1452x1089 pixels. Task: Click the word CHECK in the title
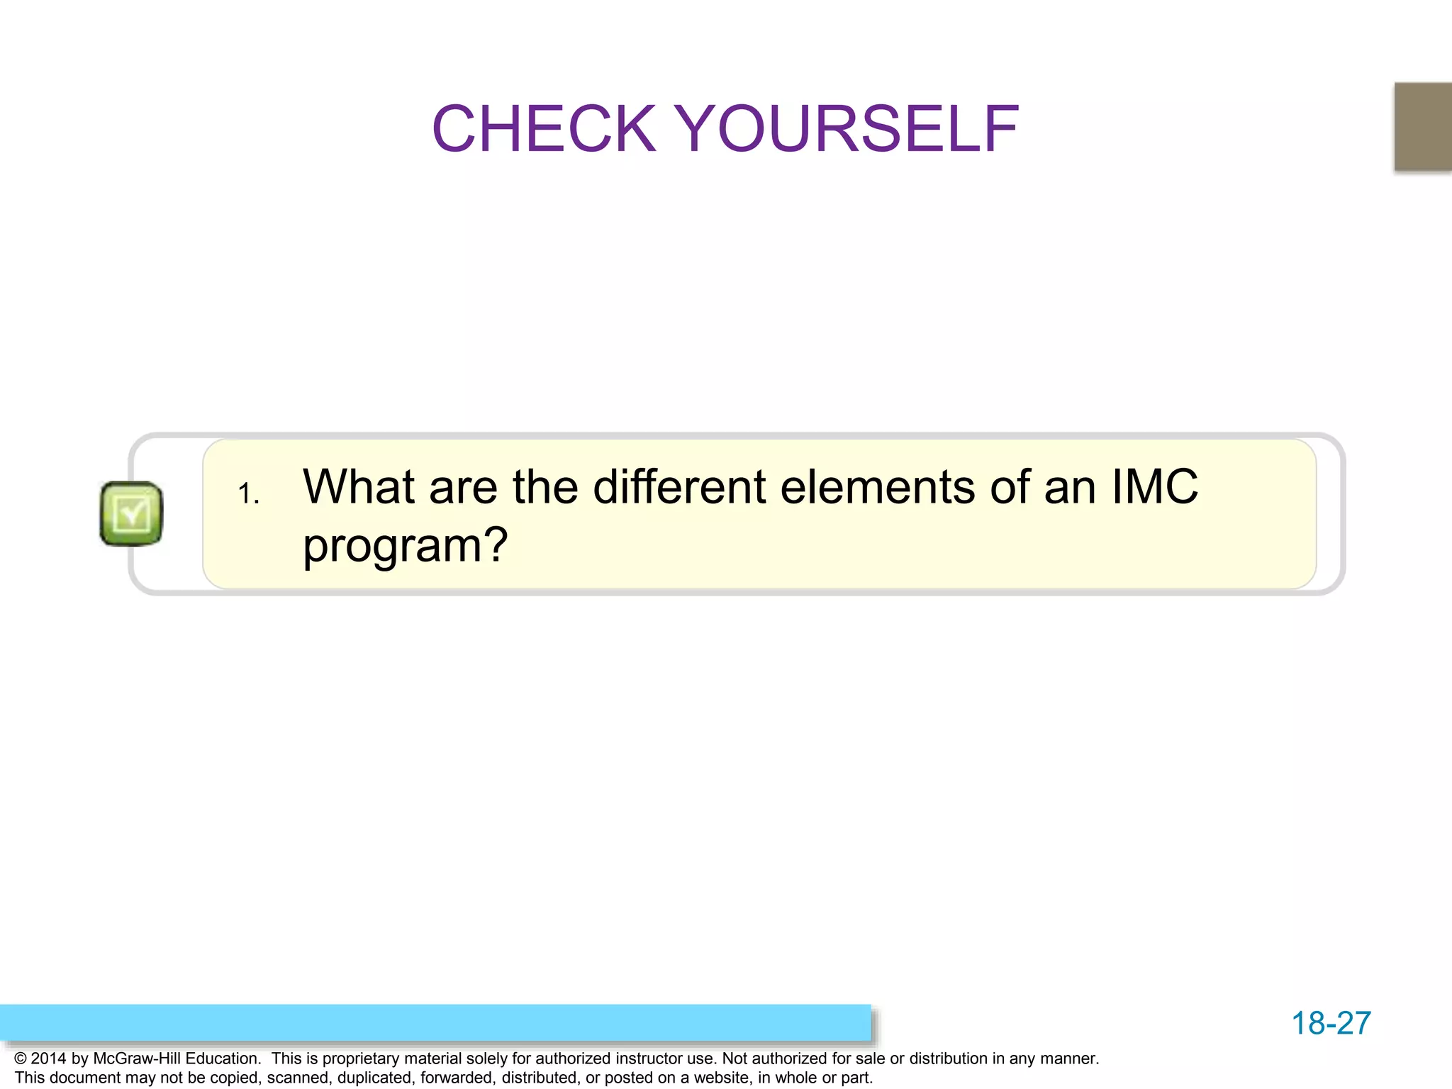544,129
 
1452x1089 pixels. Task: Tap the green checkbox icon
131,514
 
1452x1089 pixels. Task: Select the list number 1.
248,494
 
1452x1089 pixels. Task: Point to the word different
679,487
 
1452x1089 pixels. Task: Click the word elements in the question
878,487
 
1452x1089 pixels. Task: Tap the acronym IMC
1154,487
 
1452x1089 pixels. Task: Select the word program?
405,546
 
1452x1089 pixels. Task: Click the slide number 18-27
1331,1023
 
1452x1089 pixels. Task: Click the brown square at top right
1423,126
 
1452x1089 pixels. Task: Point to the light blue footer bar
435,1022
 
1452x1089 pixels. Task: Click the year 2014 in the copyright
49,1059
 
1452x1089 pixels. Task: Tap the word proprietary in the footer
361,1059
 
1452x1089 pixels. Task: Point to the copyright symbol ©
21,1059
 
